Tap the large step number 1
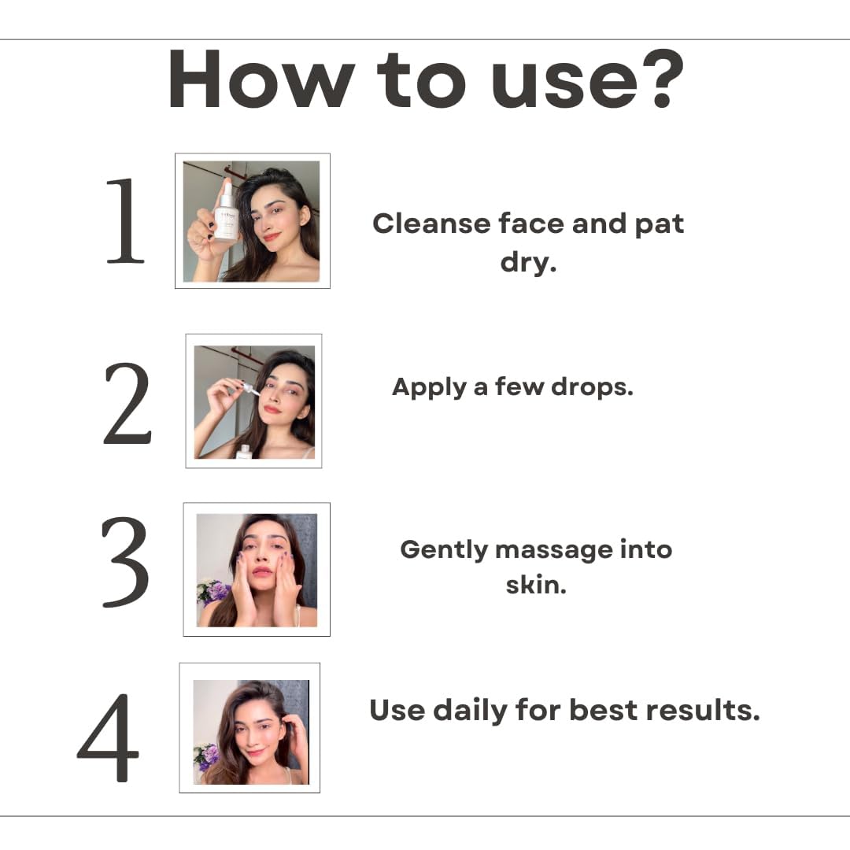coord(125,220)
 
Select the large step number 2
coord(127,405)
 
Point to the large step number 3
coord(125,562)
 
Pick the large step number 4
coord(109,737)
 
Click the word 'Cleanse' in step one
coord(431,224)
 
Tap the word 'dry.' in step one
coord(528,262)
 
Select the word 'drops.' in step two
coord(592,386)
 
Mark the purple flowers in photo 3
coord(215,591)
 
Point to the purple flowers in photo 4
coord(206,756)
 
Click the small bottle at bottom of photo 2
coord(245,452)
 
